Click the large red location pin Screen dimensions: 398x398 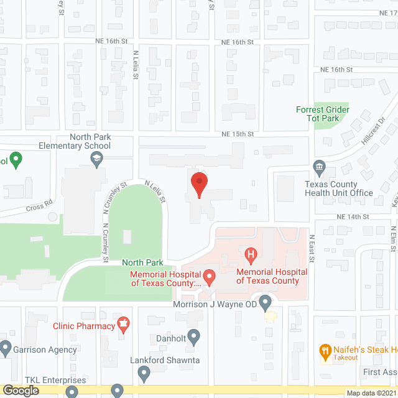tap(198, 184)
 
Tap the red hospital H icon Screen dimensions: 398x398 tap(251, 254)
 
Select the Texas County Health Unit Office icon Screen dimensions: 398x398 tap(319, 167)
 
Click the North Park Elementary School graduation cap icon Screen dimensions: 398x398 tap(97, 160)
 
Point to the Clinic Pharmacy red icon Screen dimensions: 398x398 tap(125, 325)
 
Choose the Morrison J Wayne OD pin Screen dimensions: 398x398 tap(266, 304)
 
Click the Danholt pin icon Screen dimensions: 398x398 tap(194, 338)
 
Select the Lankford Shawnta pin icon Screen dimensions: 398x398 tap(144, 373)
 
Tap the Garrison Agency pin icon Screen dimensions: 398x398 tap(6, 348)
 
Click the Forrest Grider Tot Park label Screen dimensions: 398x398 tap(323, 114)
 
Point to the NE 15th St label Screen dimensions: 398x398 tap(238, 134)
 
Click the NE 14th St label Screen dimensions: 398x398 tap(353, 216)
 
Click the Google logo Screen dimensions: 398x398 tap(20, 391)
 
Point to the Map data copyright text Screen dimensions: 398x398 tap(371, 392)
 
